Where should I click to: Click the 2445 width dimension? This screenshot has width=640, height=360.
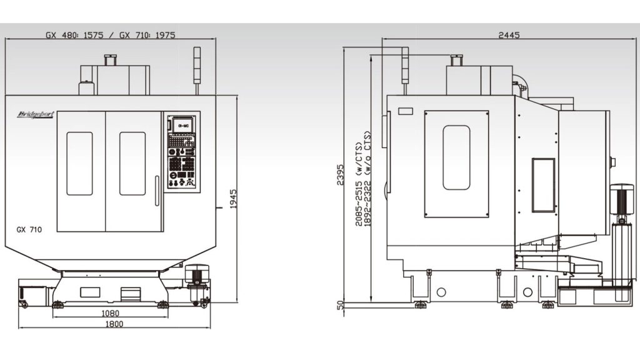pos(509,36)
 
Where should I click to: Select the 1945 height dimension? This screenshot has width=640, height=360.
pos(233,199)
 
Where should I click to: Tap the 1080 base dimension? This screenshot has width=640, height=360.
pos(110,312)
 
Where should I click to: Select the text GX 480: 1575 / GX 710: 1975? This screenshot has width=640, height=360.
pos(110,35)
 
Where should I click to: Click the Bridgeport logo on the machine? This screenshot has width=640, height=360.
pos(36,114)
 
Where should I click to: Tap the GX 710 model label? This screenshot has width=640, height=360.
pos(29,230)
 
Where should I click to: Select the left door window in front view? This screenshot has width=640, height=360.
pos(79,163)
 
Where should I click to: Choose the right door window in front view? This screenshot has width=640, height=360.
pos(132,163)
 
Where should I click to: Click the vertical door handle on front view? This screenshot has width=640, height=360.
pos(157,191)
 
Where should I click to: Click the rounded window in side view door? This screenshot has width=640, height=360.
pos(456,157)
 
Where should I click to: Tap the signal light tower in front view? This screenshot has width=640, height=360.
pos(197,64)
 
